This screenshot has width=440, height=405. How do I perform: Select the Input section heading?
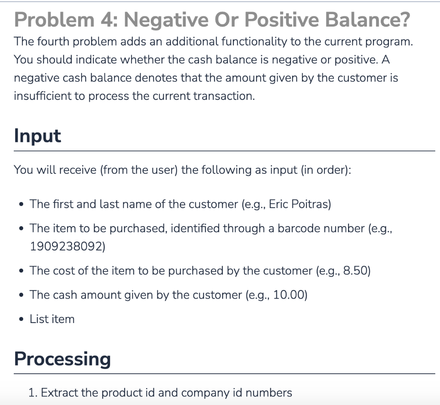tap(37, 136)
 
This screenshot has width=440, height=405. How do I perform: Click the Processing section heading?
tap(62, 359)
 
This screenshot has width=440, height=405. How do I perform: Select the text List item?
tap(52, 319)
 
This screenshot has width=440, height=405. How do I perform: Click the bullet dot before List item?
tap(20, 319)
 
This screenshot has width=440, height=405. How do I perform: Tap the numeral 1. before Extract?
tap(32, 393)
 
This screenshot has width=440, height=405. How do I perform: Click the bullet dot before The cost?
tap(20, 271)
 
